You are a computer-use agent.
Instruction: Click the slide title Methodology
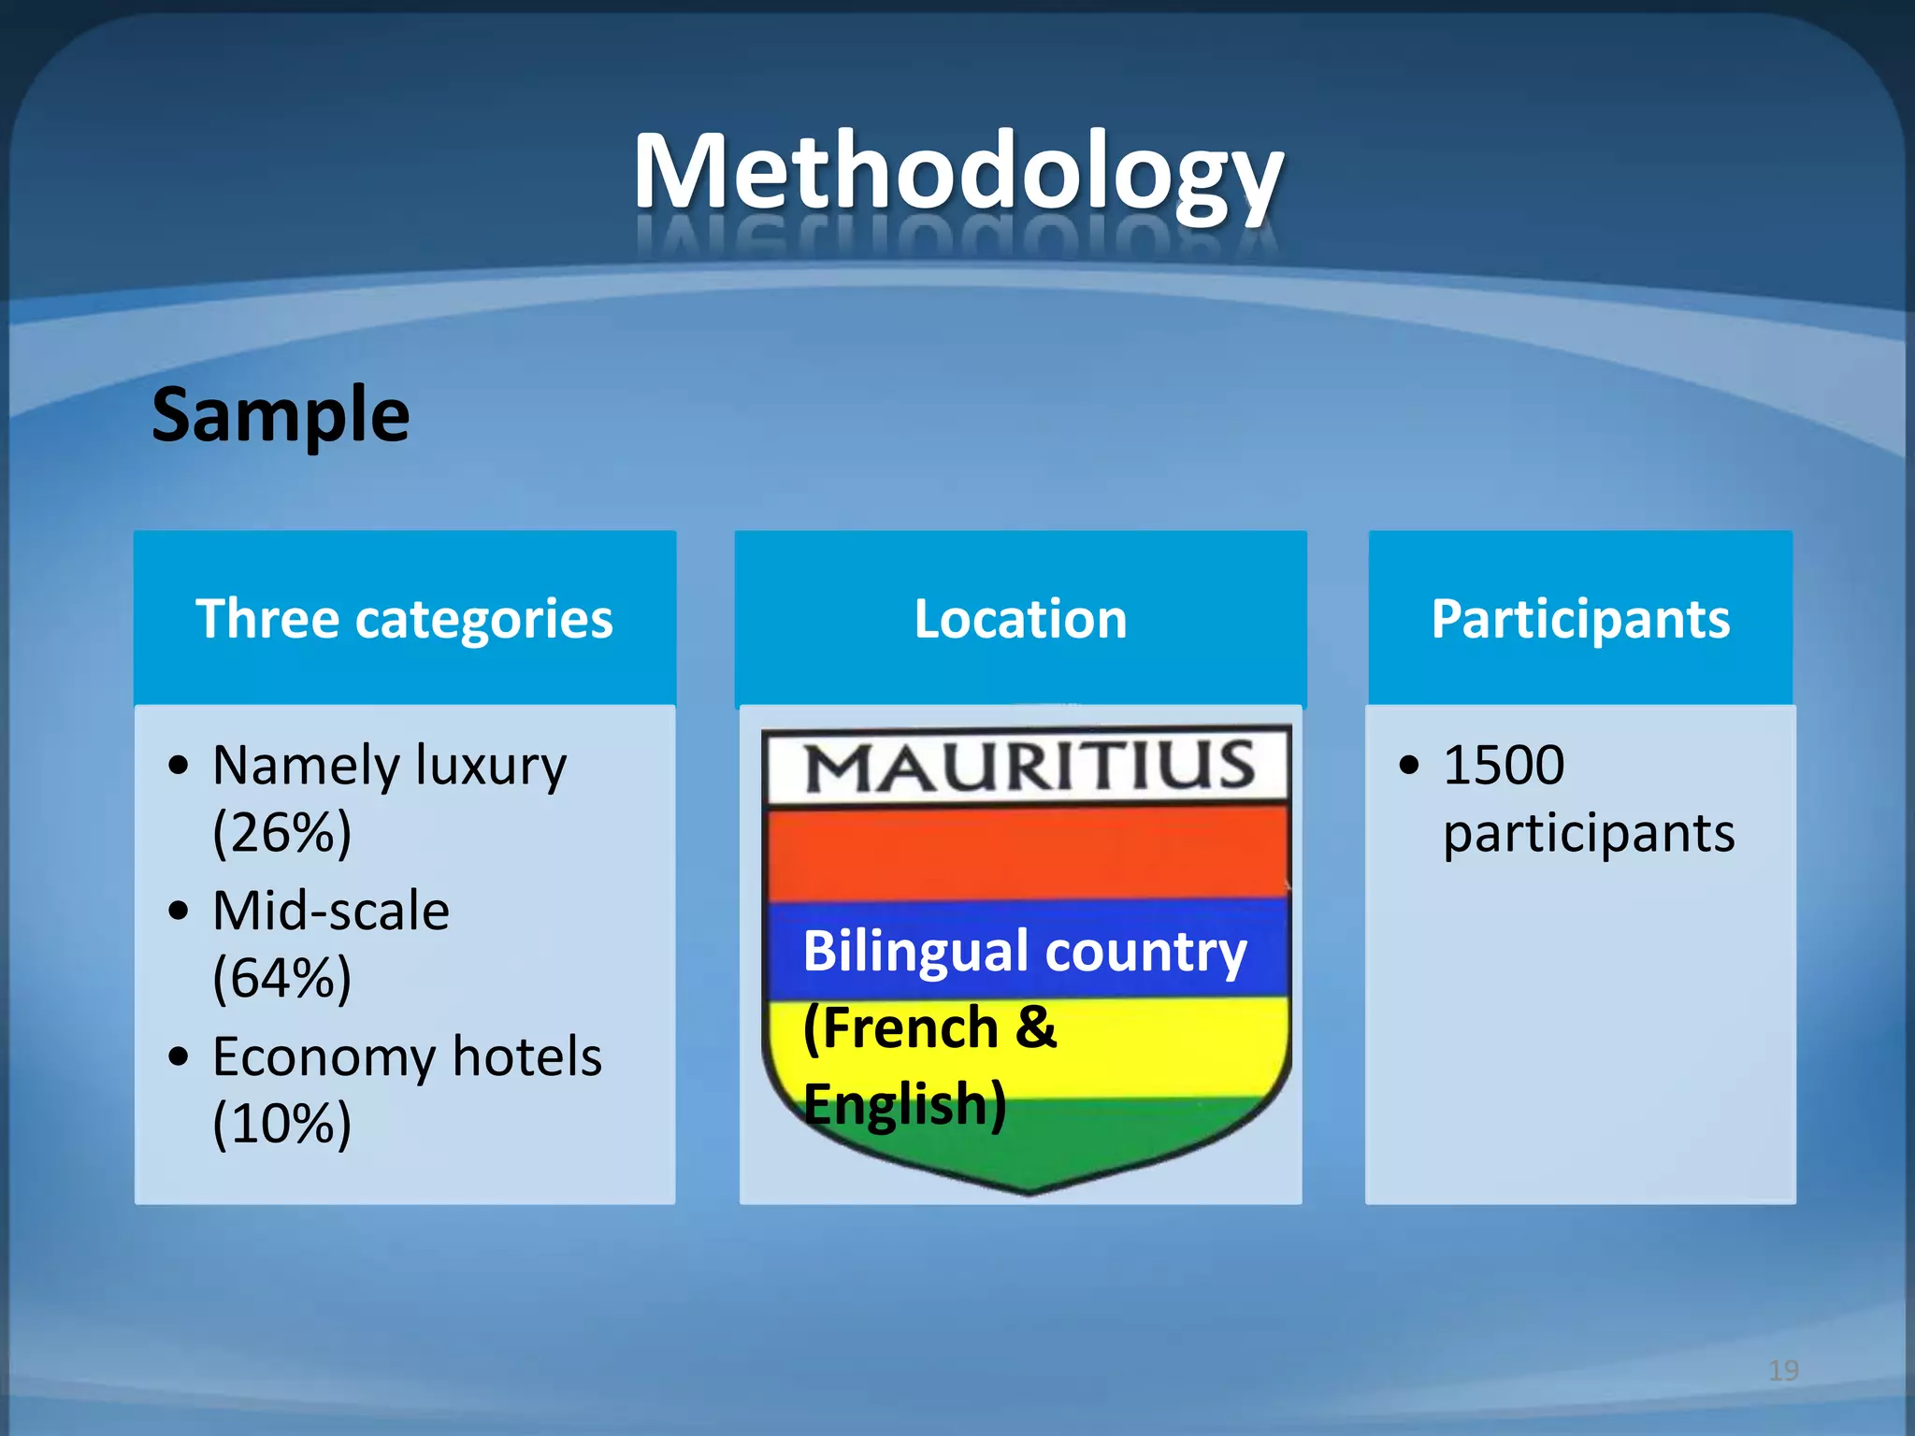pyautogui.click(x=957, y=173)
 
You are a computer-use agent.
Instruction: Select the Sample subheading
pyautogui.click(x=281, y=414)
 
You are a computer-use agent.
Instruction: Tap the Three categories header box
pyautogui.click(x=404, y=619)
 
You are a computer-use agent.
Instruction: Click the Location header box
pyautogui.click(x=1020, y=619)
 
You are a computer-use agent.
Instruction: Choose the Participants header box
pyautogui.click(x=1580, y=619)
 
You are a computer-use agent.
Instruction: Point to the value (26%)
pyautogui.click(x=281, y=832)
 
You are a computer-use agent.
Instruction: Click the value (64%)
pyautogui.click(x=281, y=978)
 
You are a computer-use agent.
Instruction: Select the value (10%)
pyautogui.click(x=281, y=1123)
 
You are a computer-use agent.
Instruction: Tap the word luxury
pyautogui.click(x=490, y=767)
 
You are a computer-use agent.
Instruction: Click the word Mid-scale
pyautogui.click(x=330, y=911)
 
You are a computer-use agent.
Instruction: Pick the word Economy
pyautogui.click(x=324, y=1058)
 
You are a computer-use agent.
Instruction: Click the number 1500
pyautogui.click(x=1503, y=765)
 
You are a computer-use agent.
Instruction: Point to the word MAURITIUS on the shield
pyautogui.click(x=1029, y=767)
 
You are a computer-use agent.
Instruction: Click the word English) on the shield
pyautogui.click(x=904, y=1105)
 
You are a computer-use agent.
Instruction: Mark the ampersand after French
pyautogui.click(x=1035, y=1027)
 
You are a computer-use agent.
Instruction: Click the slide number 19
pyautogui.click(x=1783, y=1371)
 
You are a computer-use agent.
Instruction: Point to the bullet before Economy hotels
pyautogui.click(x=179, y=1056)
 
